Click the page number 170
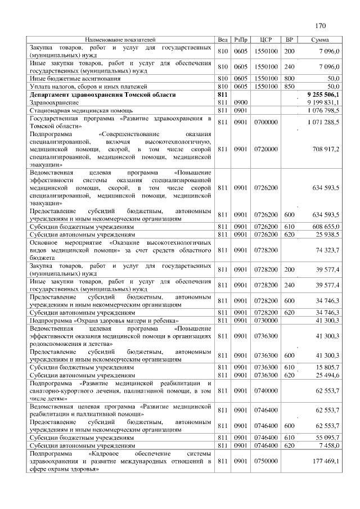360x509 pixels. pos(321,25)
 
